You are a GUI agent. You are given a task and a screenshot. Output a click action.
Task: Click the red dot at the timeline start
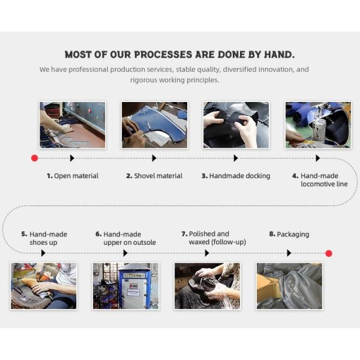coord(34,158)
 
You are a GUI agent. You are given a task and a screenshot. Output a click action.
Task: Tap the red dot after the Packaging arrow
coord(329,253)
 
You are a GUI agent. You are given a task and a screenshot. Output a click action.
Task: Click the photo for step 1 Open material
coord(73,125)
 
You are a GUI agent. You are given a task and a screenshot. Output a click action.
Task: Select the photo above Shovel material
coord(155,125)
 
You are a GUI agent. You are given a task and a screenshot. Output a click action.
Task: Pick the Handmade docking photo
coord(236,125)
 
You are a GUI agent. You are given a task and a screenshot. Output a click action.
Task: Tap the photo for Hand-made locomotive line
coord(318,125)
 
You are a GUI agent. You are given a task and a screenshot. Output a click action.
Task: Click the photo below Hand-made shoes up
coord(44,286)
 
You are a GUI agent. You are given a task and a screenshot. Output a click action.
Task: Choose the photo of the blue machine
coord(125,286)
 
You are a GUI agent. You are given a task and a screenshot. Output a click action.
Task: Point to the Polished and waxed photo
coord(208,286)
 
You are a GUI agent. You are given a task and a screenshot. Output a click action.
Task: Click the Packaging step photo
coord(289,286)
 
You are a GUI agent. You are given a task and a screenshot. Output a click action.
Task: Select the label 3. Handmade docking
coord(236,176)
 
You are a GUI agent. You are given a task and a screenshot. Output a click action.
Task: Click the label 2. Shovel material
coord(154,176)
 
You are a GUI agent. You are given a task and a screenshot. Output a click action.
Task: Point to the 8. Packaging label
coord(289,235)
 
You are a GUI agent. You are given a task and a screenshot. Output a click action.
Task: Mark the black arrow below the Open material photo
coord(72,158)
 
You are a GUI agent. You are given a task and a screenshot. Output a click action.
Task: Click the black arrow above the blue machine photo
coord(125,253)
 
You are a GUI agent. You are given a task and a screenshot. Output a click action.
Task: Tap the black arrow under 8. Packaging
coord(289,253)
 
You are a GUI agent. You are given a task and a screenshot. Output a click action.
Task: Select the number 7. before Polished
coord(185,234)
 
